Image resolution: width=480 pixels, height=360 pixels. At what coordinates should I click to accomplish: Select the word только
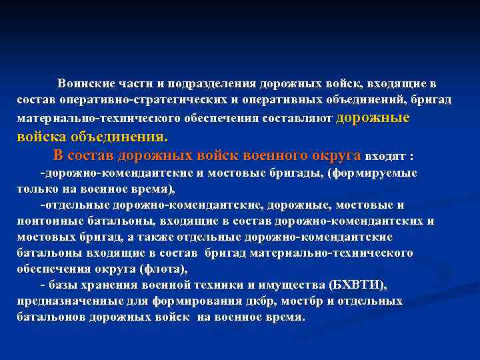pyautogui.click(x=37, y=189)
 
